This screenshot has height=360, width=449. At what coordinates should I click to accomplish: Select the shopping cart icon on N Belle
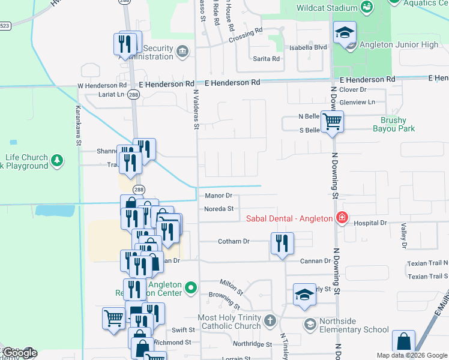point(332,122)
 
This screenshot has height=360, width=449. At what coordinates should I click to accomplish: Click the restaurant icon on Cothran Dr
point(282,244)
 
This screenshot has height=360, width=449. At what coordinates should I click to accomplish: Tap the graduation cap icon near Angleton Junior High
point(345,34)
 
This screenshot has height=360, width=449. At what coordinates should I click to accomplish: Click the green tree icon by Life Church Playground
point(57,160)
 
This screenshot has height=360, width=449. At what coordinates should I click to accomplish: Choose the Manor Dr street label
point(218,196)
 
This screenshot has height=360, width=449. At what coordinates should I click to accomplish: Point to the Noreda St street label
point(218,209)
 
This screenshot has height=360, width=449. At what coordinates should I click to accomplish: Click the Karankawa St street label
point(77,126)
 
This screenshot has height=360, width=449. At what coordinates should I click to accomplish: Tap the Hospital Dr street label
point(370,223)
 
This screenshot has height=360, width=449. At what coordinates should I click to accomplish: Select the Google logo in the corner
point(19,353)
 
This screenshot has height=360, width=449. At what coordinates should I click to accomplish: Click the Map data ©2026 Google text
point(412,355)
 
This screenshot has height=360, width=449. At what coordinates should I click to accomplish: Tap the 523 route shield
point(5,25)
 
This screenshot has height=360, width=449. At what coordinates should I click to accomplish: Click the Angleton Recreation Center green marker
point(191,289)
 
